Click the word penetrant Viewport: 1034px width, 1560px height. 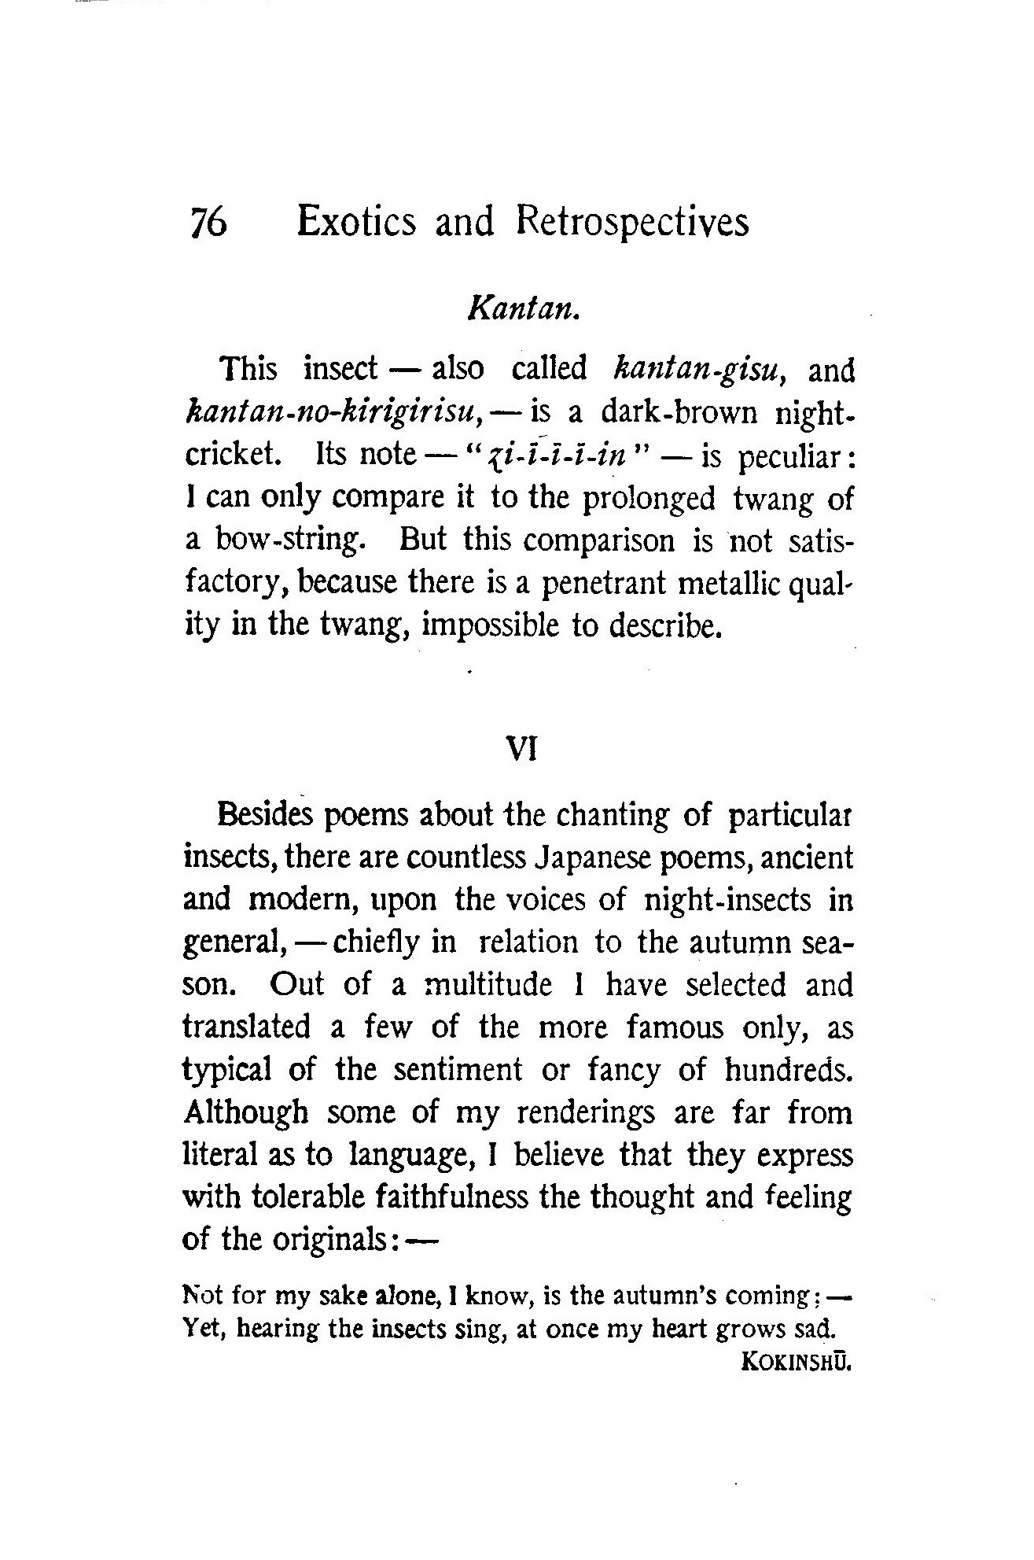click(x=605, y=584)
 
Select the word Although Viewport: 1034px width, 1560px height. click(x=245, y=1112)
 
